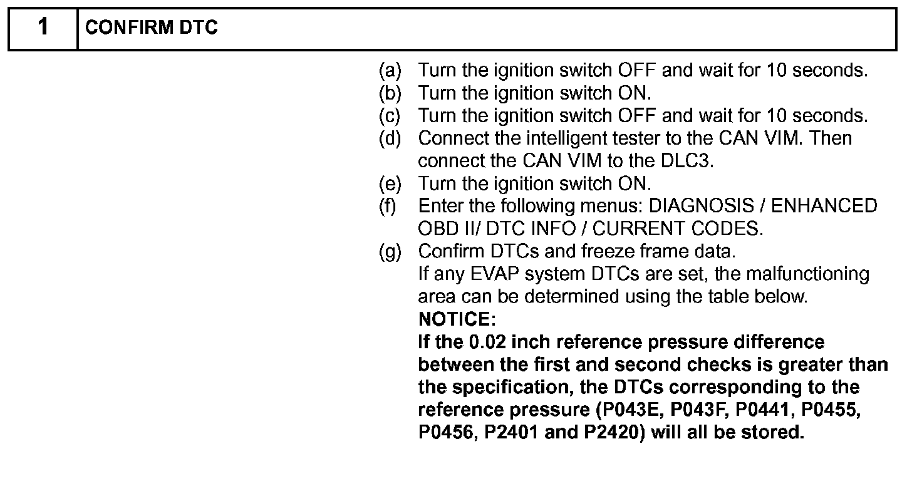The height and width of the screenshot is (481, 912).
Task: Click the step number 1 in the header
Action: click(x=42, y=28)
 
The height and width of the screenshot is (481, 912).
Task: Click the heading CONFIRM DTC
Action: click(x=151, y=29)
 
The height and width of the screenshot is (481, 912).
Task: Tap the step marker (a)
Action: click(x=390, y=70)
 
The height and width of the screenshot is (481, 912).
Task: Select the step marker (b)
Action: click(x=390, y=93)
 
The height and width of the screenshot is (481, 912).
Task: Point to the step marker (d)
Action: click(x=390, y=138)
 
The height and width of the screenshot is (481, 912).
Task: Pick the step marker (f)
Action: click(x=388, y=206)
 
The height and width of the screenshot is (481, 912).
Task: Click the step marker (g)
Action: click(x=390, y=252)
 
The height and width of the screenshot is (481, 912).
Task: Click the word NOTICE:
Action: click(x=457, y=319)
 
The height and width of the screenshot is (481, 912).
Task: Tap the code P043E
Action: click(x=628, y=410)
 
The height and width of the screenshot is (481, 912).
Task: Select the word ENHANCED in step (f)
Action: click(x=826, y=206)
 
